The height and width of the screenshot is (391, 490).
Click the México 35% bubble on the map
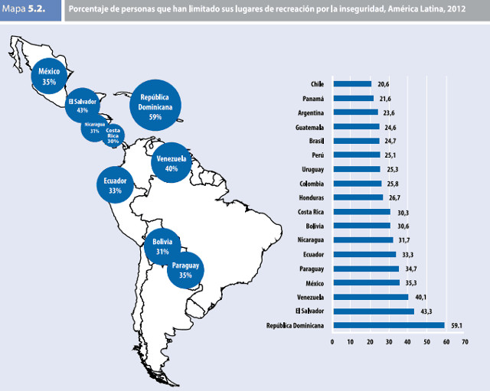tap(49, 76)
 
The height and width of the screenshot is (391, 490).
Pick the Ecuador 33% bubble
tap(115, 185)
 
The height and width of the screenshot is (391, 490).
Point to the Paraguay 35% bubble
tap(185, 269)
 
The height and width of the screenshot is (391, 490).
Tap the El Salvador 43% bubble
tap(82, 106)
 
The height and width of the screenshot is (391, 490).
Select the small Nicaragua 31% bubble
tap(95, 127)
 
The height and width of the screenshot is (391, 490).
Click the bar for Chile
tap(351, 83)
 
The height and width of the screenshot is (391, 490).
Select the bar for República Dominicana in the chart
tap(388, 325)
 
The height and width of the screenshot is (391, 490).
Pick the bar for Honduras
tap(358, 197)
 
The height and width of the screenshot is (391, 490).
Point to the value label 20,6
tap(383, 83)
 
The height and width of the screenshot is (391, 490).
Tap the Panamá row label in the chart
tap(313, 98)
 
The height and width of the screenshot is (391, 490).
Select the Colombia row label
tap(311, 184)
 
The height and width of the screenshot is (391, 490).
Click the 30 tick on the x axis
tap(389, 341)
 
